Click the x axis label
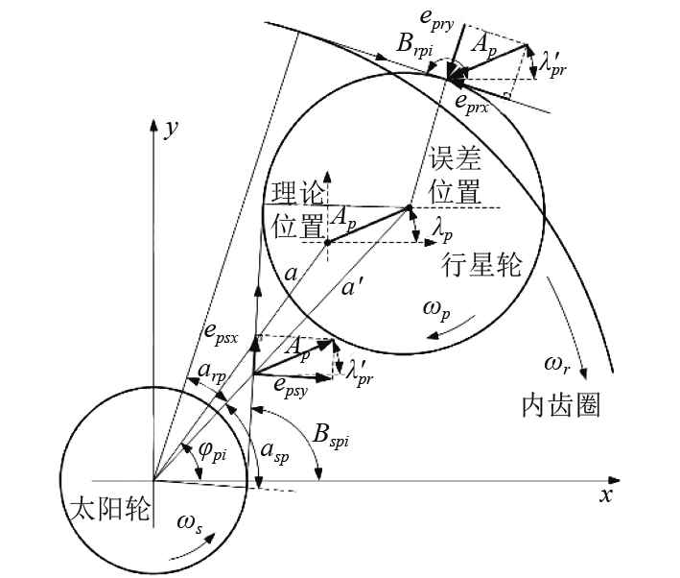[605, 495]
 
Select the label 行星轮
[481, 264]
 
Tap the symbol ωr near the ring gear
[561, 365]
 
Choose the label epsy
[294, 384]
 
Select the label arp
[210, 371]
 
